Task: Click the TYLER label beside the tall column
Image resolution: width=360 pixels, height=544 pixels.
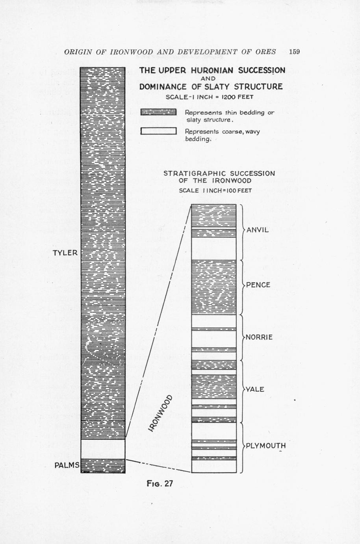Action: pyautogui.click(x=65, y=253)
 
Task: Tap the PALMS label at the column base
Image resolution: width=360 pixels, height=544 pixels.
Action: pyautogui.click(x=67, y=465)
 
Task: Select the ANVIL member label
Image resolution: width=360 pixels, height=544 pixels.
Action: pyautogui.click(x=258, y=230)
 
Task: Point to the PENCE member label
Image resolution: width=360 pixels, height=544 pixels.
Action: pyautogui.click(x=258, y=285)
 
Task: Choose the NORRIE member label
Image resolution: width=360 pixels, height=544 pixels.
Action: pyautogui.click(x=259, y=337)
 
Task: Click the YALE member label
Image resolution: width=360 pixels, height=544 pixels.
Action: pyautogui.click(x=254, y=389)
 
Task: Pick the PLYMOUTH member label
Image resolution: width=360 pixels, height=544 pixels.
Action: pyautogui.click(x=266, y=446)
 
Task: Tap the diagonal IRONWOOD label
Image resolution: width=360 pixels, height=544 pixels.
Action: pyautogui.click(x=161, y=413)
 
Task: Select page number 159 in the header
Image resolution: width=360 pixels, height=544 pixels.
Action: pyautogui.click(x=294, y=52)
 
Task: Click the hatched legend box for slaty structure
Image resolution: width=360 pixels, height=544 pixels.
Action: pyautogui.click(x=158, y=113)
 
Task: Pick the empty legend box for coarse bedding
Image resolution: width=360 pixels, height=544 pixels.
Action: pyautogui.click(x=158, y=131)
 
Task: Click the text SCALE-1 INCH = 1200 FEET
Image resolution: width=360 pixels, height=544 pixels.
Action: pyautogui.click(x=209, y=97)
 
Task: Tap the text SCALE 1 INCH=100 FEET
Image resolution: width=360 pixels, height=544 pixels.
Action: pyautogui.click(x=215, y=190)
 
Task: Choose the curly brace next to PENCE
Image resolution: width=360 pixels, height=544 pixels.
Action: pyautogui.click(x=242, y=285)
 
